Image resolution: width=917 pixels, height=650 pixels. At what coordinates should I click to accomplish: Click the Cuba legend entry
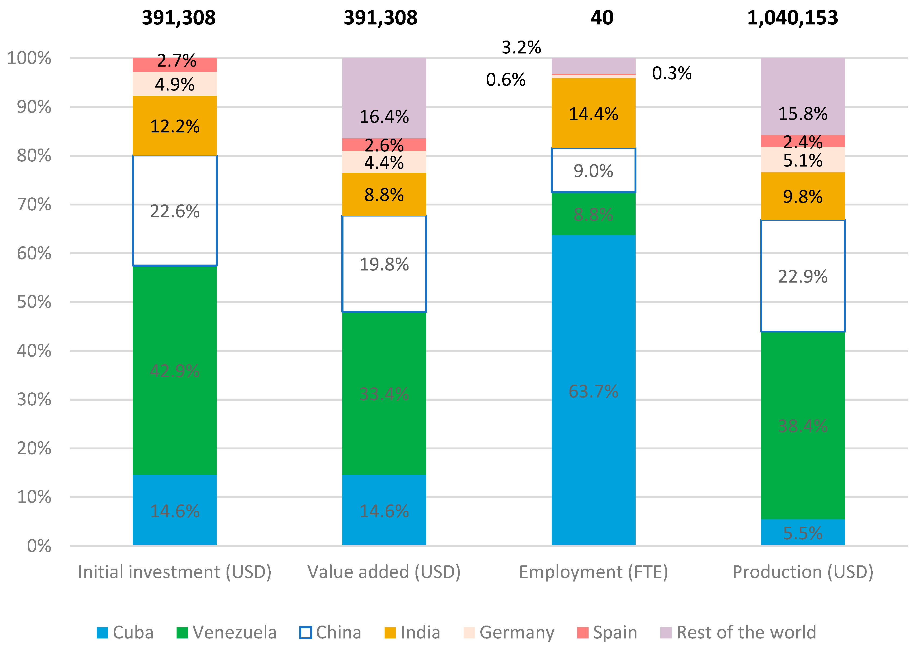pos(125,632)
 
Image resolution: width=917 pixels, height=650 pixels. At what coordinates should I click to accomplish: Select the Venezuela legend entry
pos(227,632)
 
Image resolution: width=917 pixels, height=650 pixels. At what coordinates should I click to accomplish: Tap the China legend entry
pos(330,632)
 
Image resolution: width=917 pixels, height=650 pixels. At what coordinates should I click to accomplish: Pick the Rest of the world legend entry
pos(737,632)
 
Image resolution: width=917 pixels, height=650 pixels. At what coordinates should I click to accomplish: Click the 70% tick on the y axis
pos(34,204)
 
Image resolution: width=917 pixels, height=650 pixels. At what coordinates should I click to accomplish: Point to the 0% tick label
pos(39,546)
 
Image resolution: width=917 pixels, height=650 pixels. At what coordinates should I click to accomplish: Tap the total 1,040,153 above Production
pos(793,18)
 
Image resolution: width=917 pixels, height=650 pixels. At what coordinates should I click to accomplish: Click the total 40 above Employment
pos(602,18)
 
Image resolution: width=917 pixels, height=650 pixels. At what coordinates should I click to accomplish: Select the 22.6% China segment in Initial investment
pos(175,211)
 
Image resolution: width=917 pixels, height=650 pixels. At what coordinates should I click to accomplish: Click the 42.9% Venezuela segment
pos(175,370)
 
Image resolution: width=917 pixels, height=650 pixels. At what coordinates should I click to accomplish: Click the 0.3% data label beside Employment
pos(672,73)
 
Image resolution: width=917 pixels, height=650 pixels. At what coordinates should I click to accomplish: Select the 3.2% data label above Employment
pos(521,48)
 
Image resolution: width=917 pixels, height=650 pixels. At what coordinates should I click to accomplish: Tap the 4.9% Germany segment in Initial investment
pos(175,84)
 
